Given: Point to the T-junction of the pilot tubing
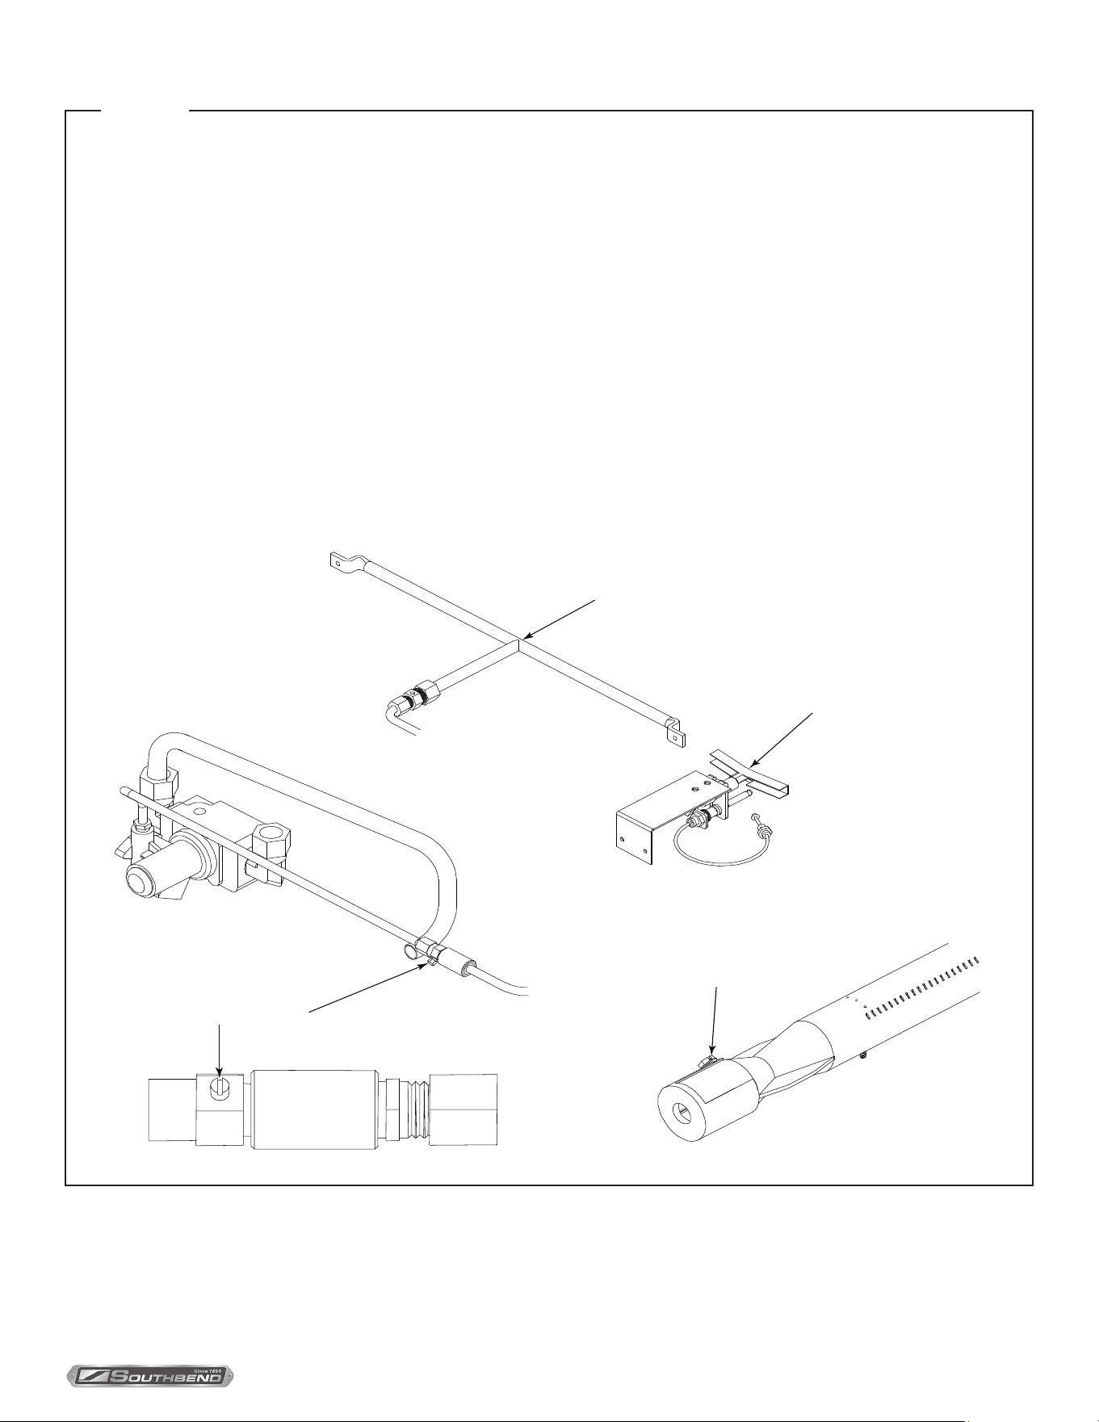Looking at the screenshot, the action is point(518,642).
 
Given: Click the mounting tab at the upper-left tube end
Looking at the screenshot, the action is point(342,558).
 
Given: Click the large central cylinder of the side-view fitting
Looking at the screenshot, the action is point(315,1109).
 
